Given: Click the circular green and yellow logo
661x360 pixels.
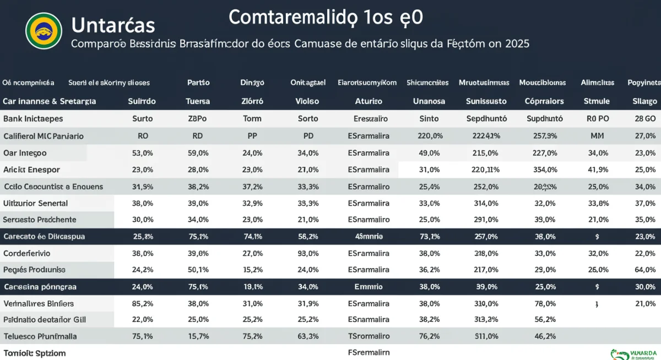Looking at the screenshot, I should pos(44,30).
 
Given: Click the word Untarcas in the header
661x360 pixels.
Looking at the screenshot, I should pos(113,25).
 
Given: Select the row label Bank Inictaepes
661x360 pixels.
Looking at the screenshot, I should pos(33,118).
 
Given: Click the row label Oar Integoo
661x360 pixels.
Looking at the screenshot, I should pos(25,153).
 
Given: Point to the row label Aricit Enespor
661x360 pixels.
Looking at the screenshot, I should pos(31,170).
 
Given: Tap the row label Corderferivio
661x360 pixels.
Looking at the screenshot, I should pos(27,253).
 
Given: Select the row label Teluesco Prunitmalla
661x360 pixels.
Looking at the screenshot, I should pos(40,336).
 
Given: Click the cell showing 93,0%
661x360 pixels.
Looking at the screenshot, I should pos(308,253).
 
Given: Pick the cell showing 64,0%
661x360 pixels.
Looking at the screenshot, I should pos(645,270).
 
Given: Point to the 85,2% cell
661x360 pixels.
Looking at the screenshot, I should pos(143,303).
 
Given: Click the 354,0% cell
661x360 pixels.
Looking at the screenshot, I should pos(545,170).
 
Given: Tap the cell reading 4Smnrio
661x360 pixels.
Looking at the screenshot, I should pos(369,236).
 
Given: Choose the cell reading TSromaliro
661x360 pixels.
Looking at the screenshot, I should pos(369,336).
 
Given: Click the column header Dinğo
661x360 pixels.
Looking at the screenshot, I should pos(252,83).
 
